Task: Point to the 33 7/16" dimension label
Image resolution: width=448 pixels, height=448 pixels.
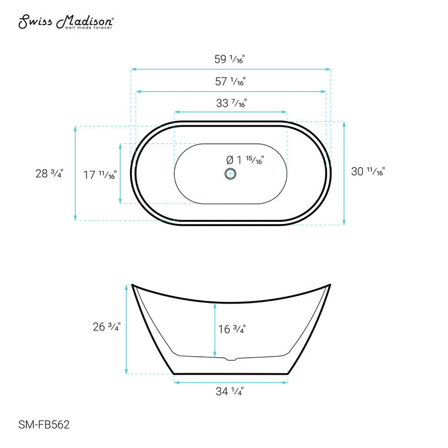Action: point(231,103)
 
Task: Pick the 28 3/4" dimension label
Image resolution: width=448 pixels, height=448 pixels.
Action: point(49,174)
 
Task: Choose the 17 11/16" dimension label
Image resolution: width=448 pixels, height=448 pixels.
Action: point(99,175)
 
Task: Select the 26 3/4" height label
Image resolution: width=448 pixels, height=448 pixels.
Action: point(106,328)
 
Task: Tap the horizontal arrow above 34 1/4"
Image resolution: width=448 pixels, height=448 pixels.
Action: point(231,382)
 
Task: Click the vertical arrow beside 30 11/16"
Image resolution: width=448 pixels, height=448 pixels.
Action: point(343,173)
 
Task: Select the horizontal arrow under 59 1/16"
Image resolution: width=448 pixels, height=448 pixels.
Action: point(231,69)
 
